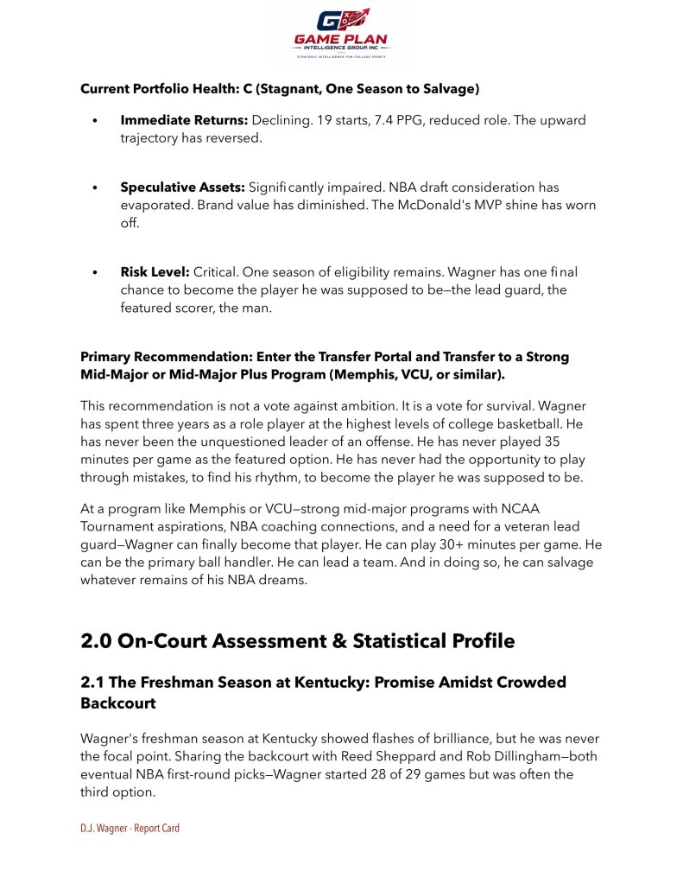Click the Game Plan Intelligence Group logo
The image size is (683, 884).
coord(341,34)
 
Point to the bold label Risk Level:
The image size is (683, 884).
coord(155,271)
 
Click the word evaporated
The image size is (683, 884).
coord(155,205)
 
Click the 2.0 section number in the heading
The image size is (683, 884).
coord(97,641)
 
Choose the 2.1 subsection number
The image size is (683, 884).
coord(94,683)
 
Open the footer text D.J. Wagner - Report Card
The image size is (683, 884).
coord(130,828)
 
